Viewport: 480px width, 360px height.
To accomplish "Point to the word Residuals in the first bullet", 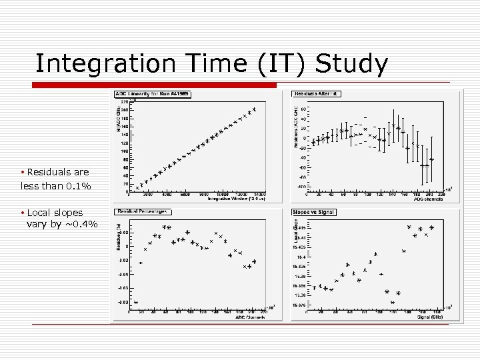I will [x=48, y=172].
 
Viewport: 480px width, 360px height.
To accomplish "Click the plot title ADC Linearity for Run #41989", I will [x=153, y=94].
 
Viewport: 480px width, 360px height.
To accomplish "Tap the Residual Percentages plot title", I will [x=142, y=212].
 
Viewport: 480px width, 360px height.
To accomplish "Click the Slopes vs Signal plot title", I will [x=314, y=212].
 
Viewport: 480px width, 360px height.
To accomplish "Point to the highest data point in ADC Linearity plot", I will [x=254, y=109].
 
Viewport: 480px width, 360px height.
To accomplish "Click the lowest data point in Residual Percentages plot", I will [x=135, y=302].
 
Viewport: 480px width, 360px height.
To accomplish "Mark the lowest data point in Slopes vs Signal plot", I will [x=393, y=302].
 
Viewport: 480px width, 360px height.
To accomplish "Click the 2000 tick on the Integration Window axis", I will [x=148, y=195].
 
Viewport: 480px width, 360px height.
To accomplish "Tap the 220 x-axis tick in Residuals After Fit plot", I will [x=441, y=195].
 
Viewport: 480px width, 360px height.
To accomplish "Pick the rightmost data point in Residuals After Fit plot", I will [x=432, y=159].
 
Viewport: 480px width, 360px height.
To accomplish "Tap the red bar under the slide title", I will [x=154, y=85].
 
